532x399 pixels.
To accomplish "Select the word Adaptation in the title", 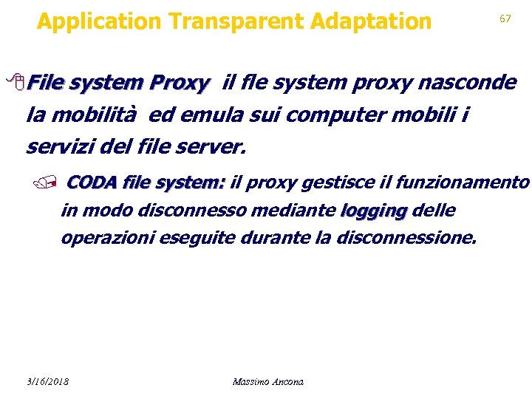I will pos(371,22).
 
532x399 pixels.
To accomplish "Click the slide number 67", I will pos(505,18).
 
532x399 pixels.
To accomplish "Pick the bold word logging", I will pos(374,211).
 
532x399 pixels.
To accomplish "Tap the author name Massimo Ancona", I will pos(267,381).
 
